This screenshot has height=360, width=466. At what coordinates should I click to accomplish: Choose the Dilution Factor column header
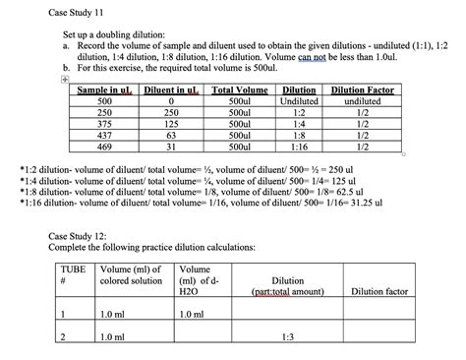(x=362, y=90)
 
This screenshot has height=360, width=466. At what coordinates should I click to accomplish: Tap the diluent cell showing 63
(x=171, y=135)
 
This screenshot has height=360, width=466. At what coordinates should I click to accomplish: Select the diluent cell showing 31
(x=171, y=147)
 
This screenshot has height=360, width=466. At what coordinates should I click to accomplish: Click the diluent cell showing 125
(x=171, y=124)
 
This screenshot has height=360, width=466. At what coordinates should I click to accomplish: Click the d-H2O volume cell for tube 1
(x=193, y=314)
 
